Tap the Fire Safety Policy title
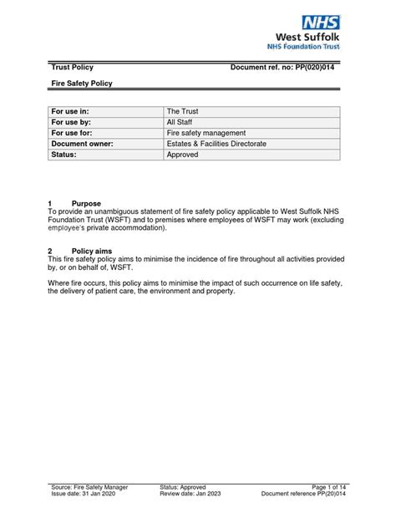click(x=82, y=84)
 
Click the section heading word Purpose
click(x=86, y=203)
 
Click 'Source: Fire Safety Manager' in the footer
click(x=92, y=487)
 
